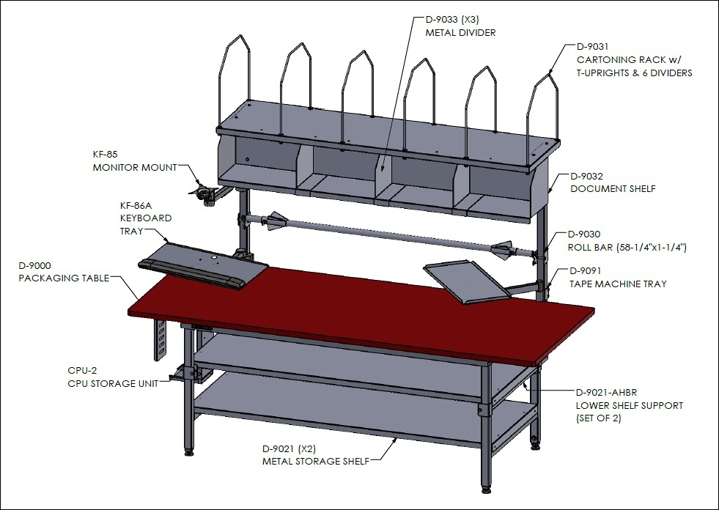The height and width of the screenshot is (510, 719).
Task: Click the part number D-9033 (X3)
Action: tap(452, 20)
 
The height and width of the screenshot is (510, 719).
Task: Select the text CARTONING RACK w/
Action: tap(629, 59)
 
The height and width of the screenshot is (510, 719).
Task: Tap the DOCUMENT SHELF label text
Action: tap(613, 188)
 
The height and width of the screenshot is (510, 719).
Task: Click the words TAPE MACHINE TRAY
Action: tap(618, 284)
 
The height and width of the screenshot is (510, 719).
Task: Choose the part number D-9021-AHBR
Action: tap(606, 393)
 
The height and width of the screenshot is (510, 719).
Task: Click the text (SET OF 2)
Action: tap(598, 418)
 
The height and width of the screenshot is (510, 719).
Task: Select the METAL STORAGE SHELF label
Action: tap(315, 462)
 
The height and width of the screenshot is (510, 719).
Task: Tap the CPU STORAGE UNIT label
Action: tap(113, 383)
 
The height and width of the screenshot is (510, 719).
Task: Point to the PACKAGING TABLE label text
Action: tap(64, 278)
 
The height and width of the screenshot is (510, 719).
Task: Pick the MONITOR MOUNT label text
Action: tap(135, 167)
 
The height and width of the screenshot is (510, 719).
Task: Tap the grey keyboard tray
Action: tap(203, 265)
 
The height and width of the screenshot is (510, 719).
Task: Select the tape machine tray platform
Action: tap(467, 281)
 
